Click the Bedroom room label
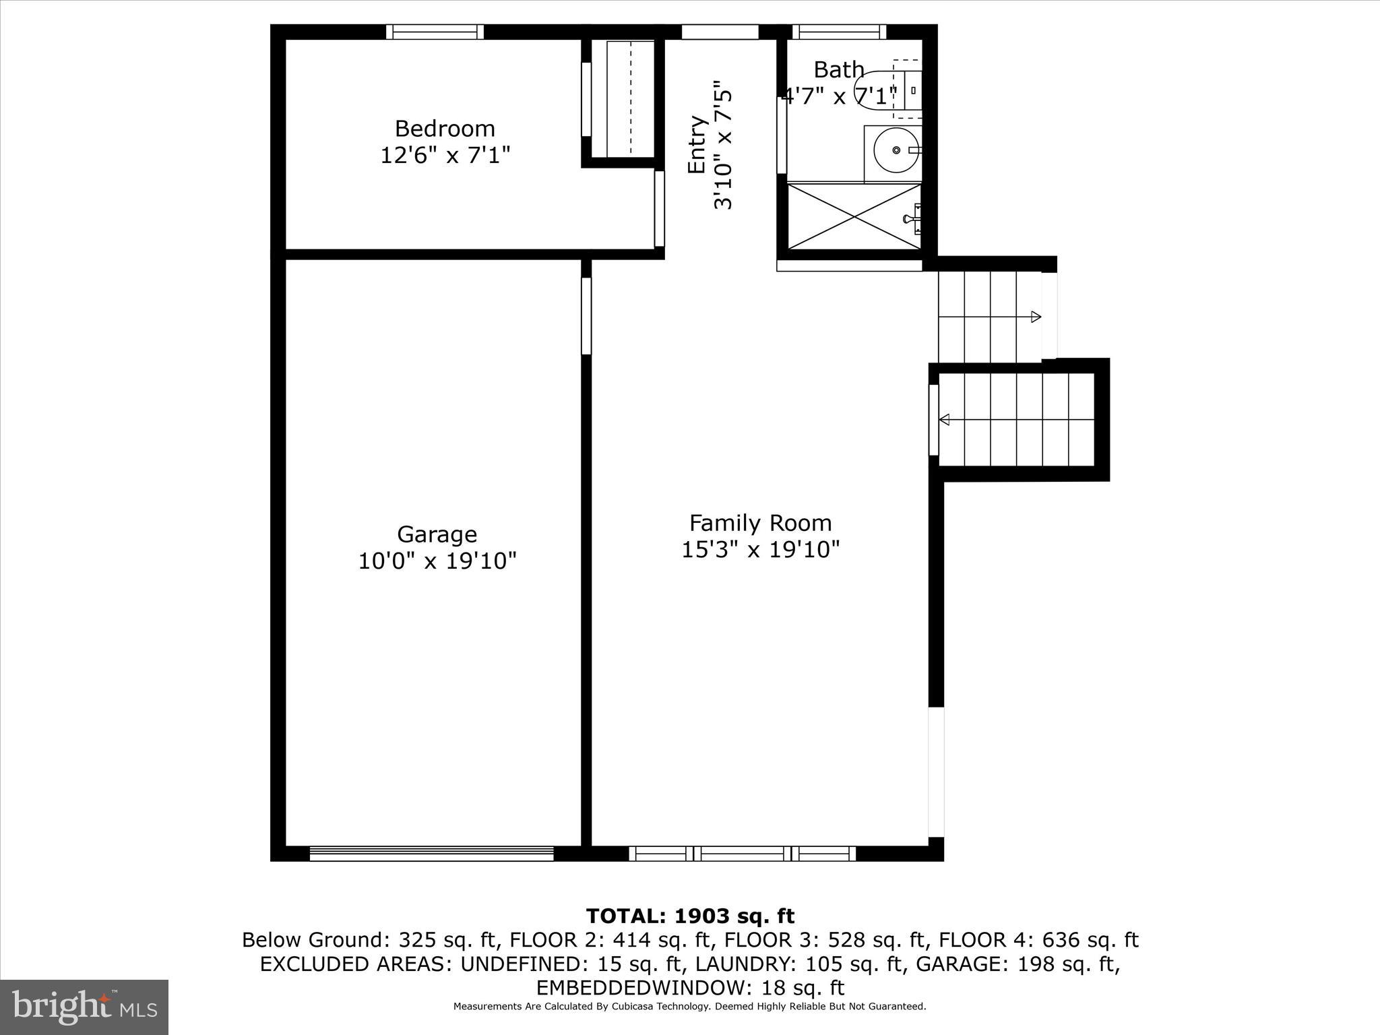[x=445, y=128]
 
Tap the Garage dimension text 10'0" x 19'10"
[x=437, y=561]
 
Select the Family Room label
[x=760, y=523]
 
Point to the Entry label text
[x=697, y=145]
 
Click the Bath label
[x=838, y=69]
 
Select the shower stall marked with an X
[x=854, y=216]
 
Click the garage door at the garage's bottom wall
[x=431, y=853]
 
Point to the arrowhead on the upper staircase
[x=1036, y=317]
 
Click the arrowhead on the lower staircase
[x=945, y=420]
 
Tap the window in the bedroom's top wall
[x=435, y=32]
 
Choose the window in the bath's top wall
[x=839, y=32]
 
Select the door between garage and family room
[x=586, y=316]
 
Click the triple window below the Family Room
[x=743, y=853]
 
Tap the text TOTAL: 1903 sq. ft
[x=690, y=916]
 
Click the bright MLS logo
[x=84, y=1007]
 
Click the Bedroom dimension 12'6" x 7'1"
[x=445, y=156]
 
